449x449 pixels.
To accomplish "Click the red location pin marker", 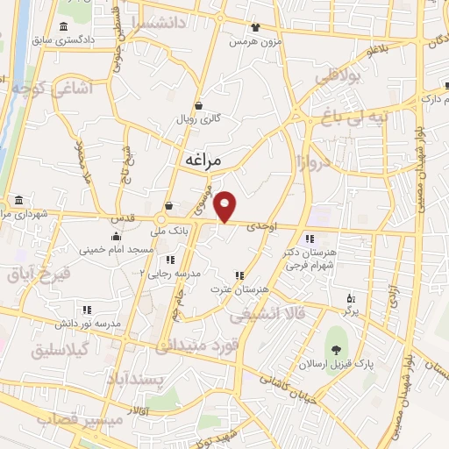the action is tap(226, 206).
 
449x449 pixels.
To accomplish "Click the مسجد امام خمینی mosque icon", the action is tap(116, 236).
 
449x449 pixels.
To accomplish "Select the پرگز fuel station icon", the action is tap(352, 298).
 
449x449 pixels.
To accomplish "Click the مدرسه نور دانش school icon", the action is tap(87, 310).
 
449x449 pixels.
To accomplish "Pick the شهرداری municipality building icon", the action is tap(19, 200).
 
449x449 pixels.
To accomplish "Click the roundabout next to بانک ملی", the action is tap(162, 219).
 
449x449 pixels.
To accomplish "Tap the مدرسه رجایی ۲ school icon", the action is tap(170, 260).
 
